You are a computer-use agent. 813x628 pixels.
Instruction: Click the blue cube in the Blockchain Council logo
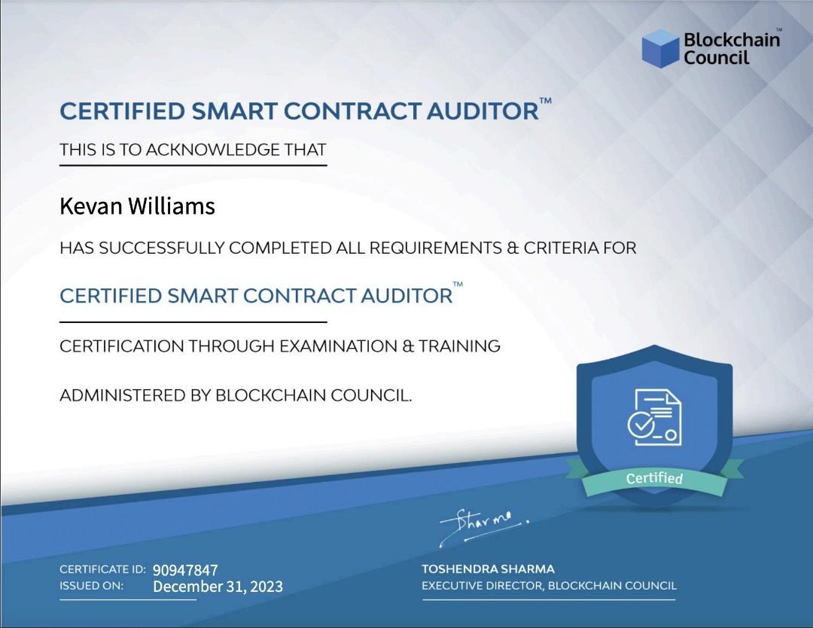661,48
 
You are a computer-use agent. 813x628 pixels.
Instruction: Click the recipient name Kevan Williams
138,206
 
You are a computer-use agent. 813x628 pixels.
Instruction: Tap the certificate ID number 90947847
185,570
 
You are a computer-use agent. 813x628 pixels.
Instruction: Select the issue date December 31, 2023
218,587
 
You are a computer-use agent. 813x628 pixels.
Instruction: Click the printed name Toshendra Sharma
488,569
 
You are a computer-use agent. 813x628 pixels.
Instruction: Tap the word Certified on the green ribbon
654,478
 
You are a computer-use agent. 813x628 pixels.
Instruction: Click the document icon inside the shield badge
654,417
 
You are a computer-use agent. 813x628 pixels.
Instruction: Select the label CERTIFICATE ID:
102,569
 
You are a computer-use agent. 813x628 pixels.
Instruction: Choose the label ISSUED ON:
92,586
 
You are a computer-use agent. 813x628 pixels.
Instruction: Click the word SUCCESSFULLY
163,248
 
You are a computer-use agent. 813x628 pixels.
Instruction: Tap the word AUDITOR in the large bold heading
483,111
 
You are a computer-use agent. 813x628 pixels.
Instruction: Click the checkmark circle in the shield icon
641,425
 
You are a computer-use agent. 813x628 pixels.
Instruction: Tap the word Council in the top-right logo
717,57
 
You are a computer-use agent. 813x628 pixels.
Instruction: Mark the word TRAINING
459,346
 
